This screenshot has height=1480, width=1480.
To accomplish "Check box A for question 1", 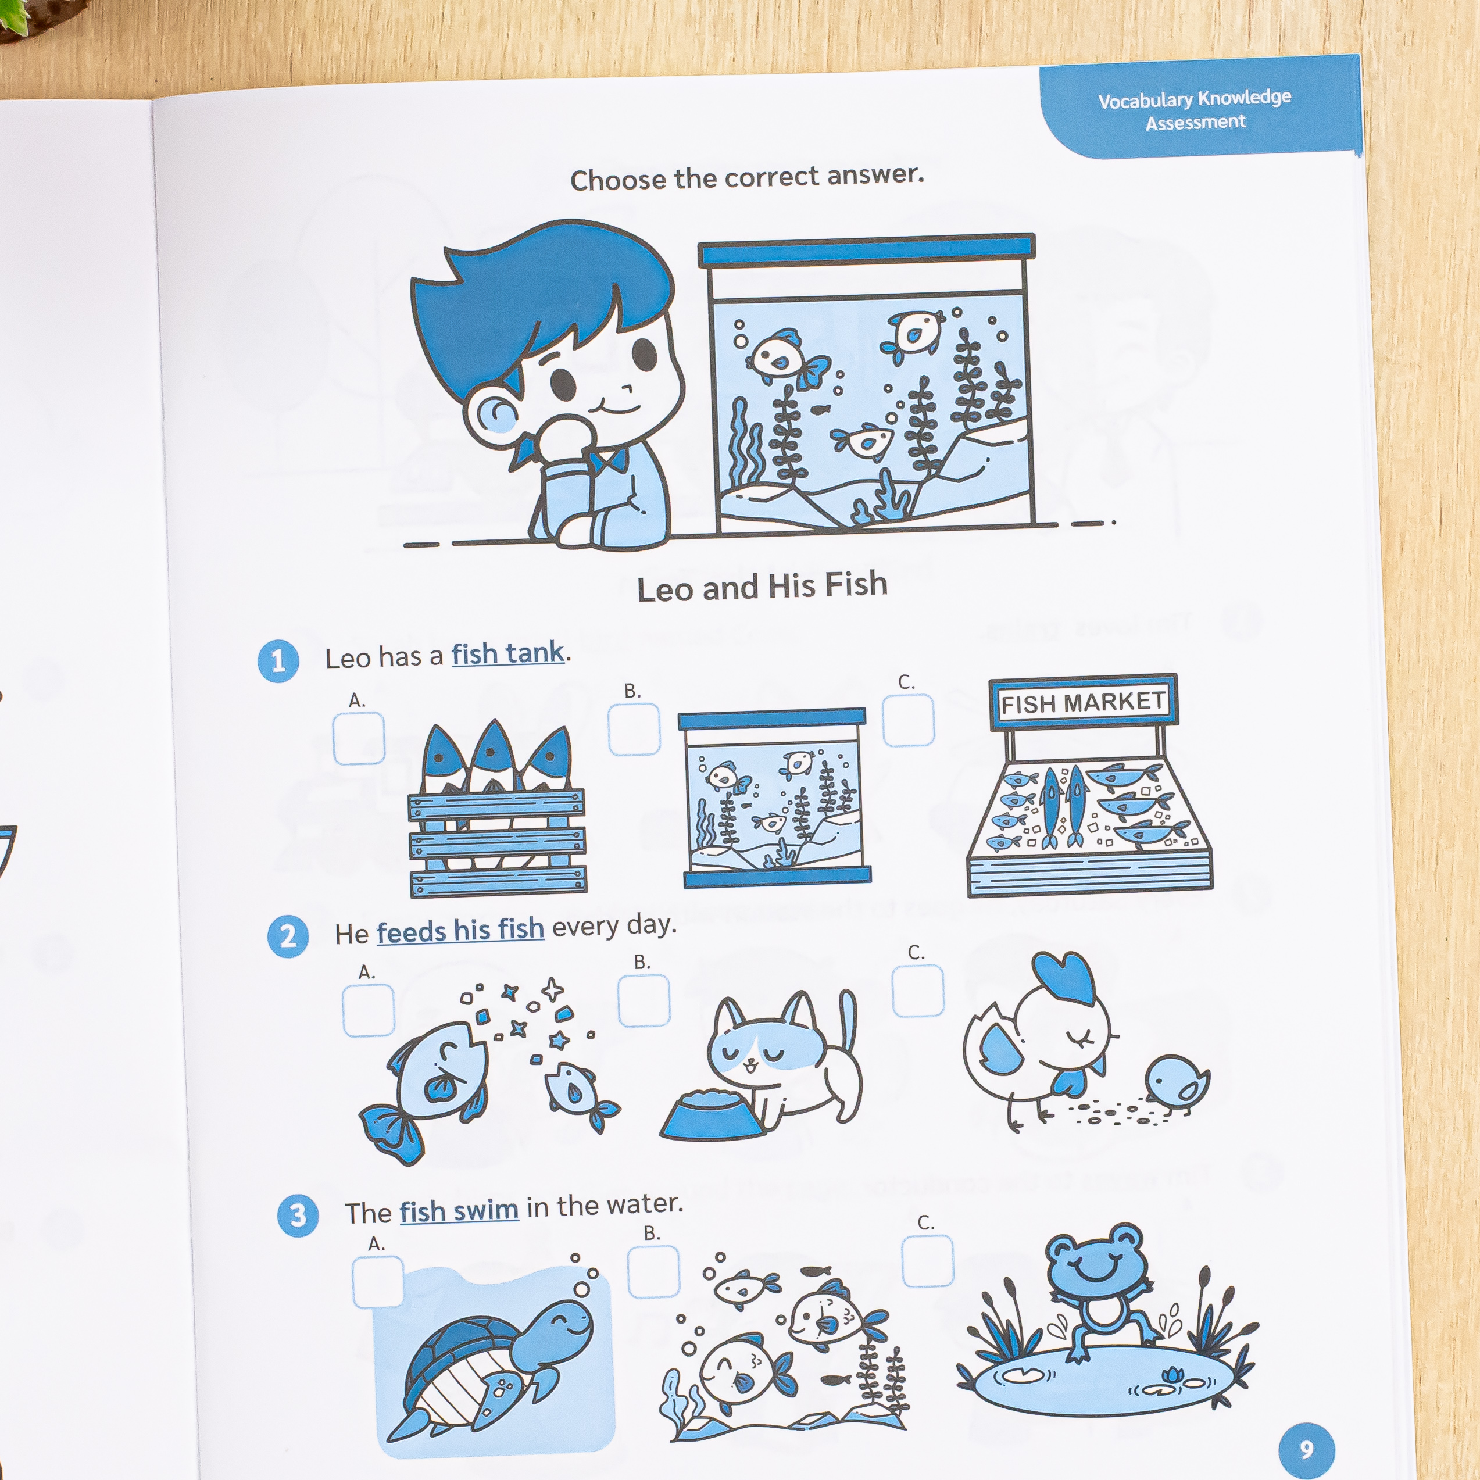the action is tap(359, 738).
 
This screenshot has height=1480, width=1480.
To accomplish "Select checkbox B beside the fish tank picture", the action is tap(634, 730).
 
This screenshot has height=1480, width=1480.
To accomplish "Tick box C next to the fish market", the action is tap(909, 720).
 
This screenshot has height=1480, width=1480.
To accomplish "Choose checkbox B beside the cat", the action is tap(644, 1000).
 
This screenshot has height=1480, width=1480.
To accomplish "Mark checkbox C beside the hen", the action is tap(918, 991).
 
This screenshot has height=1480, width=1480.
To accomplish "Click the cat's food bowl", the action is tap(712, 1116).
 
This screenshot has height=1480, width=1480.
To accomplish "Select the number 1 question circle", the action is tap(278, 661).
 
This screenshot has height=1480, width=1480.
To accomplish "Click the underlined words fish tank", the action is tap(508, 654).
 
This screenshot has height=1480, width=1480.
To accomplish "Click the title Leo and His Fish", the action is tap(762, 587).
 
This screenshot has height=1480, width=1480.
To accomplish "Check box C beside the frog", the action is tap(928, 1261).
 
